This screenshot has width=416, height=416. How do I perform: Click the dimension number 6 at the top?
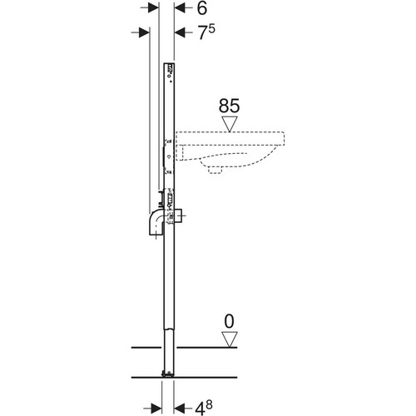[x=202, y=8]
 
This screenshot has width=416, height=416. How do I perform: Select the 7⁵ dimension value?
[x=206, y=32]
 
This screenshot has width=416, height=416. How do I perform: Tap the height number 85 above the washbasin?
[x=229, y=106]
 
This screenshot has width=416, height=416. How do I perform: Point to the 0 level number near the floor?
[x=229, y=321]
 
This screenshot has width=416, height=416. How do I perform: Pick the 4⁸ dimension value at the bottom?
[x=204, y=408]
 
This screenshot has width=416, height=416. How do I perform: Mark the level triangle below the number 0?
[x=230, y=339]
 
